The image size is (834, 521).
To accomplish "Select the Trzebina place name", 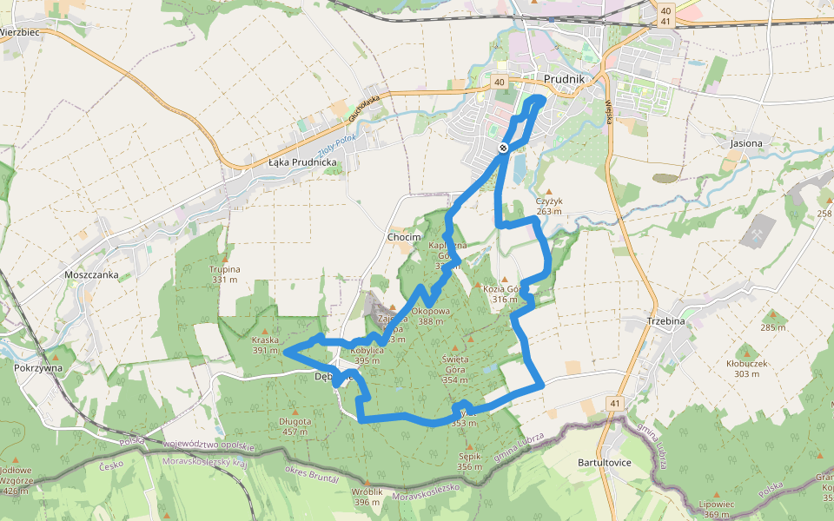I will pyautogui.click(x=666, y=321).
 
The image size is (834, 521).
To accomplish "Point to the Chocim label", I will pyautogui.click(x=403, y=237).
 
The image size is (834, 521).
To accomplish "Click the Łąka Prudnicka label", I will pyautogui.click(x=301, y=162).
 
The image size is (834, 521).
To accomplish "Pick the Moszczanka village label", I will pyautogui.click(x=90, y=274).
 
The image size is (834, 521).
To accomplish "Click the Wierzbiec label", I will pyautogui.click(x=20, y=32).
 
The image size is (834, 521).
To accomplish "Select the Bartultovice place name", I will pyautogui.click(x=604, y=463).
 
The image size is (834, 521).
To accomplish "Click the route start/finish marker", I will pyautogui.click(x=503, y=148).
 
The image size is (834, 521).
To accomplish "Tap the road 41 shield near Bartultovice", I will pyautogui.click(x=615, y=404).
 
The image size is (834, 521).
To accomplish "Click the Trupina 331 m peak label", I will pyautogui.click(x=224, y=274).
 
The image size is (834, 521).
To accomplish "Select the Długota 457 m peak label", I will pyautogui.click(x=295, y=425).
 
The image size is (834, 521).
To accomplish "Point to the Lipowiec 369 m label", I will pyautogui.click(x=718, y=509).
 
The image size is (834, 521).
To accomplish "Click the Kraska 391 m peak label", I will pyautogui.click(x=264, y=345).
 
